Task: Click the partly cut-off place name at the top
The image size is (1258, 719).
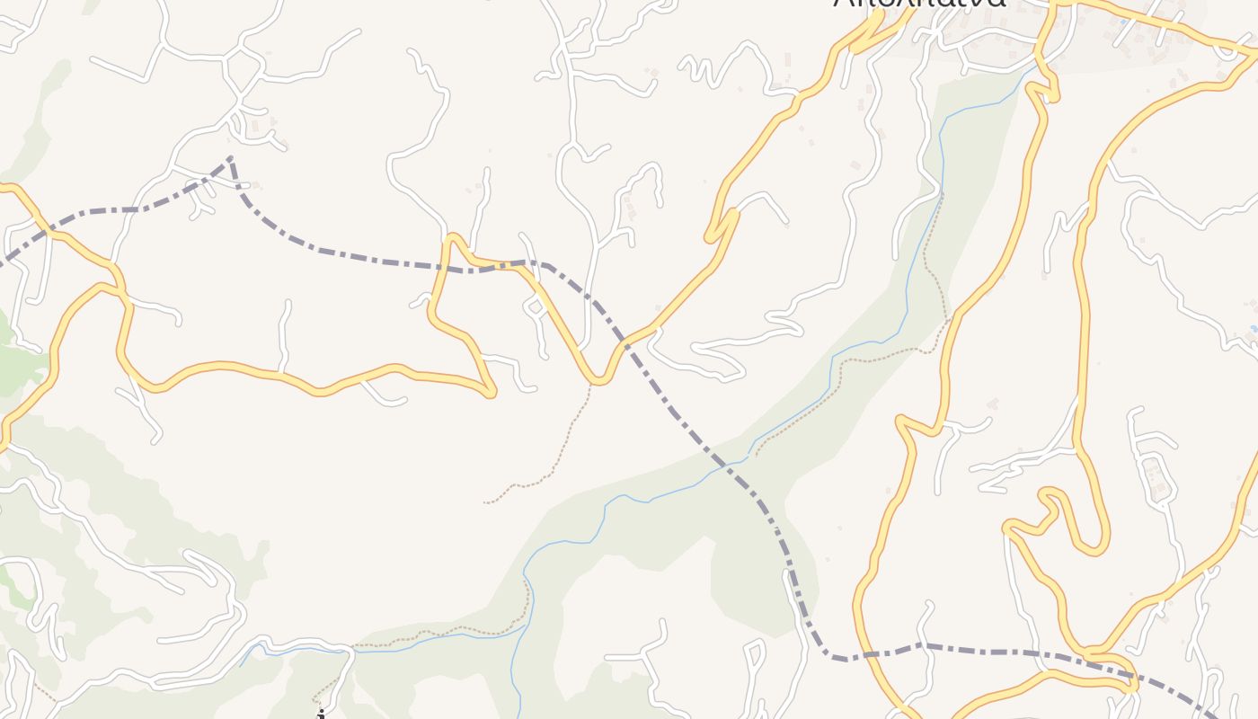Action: tap(918, 4)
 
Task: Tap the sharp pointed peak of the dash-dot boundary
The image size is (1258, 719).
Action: tap(231, 158)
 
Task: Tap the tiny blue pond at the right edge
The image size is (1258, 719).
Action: tap(1254, 330)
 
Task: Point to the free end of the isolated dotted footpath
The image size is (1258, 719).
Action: tap(486, 502)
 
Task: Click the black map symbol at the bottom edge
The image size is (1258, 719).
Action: tap(321, 715)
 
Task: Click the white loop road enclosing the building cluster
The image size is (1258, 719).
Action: tap(1156, 476)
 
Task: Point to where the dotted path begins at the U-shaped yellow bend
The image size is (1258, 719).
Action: tap(591, 384)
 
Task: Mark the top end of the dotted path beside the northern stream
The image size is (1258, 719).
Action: tap(942, 195)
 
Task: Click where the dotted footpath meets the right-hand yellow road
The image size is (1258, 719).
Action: tap(949, 321)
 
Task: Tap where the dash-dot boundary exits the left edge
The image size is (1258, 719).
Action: tap(3, 264)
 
